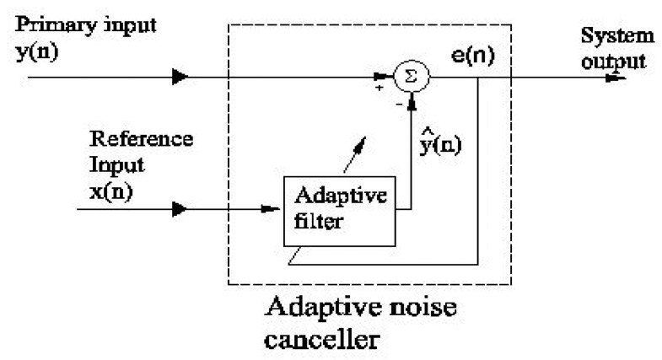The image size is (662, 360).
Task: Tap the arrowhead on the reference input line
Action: click(x=180, y=205)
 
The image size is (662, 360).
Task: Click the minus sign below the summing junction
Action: click(x=400, y=105)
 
